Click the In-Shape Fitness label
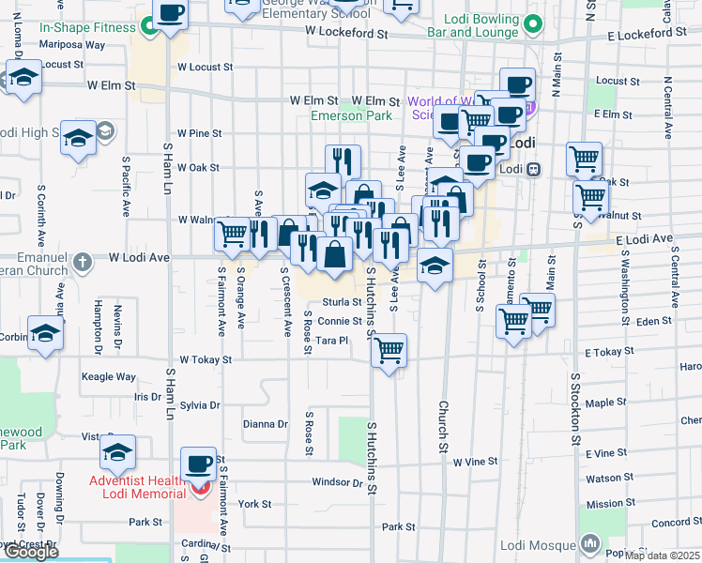click(87, 28)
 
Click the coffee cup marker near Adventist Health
click(199, 464)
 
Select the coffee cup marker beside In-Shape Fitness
click(170, 14)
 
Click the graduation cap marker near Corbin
click(45, 333)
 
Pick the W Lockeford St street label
click(346, 33)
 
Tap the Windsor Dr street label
click(338, 482)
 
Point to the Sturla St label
click(343, 302)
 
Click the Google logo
click(31, 552)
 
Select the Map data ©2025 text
click(663, 555)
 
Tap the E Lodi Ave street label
click(645, 240)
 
